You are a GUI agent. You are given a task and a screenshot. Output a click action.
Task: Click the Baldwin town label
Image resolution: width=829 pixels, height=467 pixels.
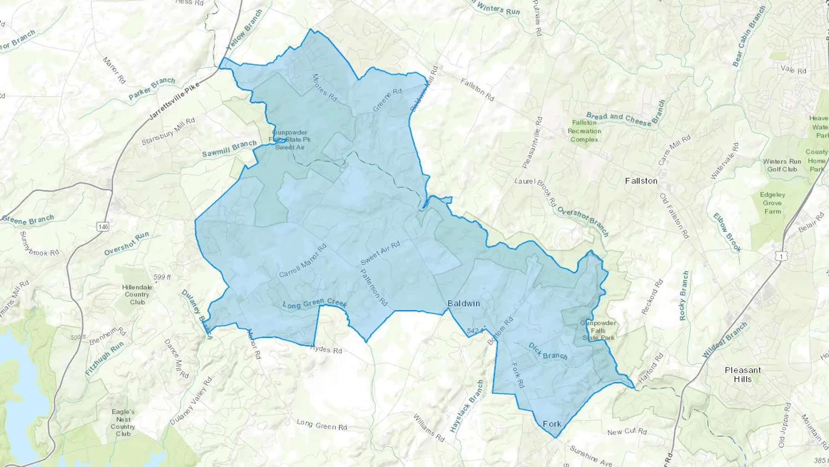464,303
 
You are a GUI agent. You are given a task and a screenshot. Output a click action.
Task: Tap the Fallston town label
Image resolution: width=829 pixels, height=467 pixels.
641,181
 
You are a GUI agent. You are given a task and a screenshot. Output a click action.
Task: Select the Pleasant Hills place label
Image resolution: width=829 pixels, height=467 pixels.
742,374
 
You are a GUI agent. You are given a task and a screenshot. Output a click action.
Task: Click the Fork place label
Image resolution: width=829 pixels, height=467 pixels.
552,424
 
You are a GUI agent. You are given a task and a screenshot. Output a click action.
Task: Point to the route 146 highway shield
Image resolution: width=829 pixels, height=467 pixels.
103,226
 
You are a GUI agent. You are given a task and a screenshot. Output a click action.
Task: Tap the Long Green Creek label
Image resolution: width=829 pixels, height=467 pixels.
314,304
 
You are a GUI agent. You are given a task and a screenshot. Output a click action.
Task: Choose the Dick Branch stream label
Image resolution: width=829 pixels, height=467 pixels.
548,351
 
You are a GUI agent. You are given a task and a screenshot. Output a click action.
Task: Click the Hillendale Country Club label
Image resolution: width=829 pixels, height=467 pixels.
137,294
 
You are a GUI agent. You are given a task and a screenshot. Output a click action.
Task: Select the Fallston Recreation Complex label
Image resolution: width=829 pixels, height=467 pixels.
584,131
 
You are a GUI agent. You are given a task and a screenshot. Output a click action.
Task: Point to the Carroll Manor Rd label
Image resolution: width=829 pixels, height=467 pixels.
303,261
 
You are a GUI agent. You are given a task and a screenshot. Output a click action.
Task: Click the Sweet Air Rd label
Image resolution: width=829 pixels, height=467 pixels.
380,253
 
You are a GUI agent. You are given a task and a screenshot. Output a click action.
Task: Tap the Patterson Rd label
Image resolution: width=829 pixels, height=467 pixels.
374,287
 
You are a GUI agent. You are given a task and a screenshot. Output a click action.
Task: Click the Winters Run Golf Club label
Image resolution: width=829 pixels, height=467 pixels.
782,165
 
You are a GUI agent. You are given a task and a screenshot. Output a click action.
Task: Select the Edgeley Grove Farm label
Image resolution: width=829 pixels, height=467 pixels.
772,203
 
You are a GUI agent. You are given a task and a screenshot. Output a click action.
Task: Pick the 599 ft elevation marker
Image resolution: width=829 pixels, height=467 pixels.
162,277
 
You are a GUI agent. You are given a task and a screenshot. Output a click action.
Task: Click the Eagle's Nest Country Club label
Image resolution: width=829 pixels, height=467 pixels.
123,422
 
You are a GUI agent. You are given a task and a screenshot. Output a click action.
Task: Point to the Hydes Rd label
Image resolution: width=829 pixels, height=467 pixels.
326,349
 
